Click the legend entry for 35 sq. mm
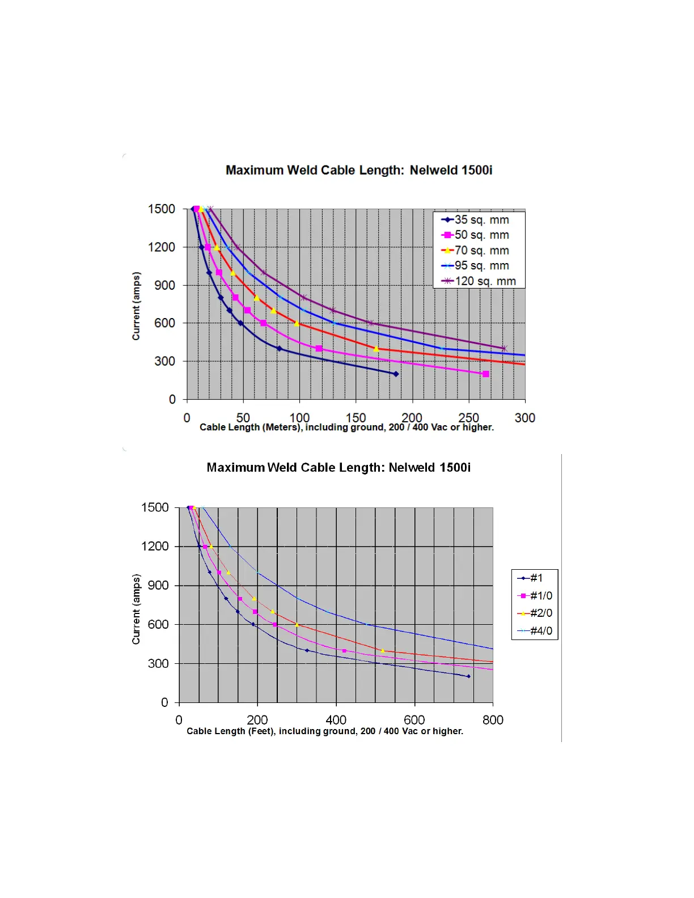click(x=481, y=220)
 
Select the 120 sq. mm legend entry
click(x=485, y=281)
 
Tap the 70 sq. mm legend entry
click(x=481, y=251)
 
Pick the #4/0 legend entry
click(x=540, y=631)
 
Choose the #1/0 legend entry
click(x=540, y=596)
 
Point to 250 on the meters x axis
click(x=468, y=418)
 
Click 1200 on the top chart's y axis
click(x=162, y=247)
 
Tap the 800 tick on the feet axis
click(x=493, y=720)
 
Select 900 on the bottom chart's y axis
click(x=158, y=586)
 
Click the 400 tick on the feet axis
click(x=336, y=720)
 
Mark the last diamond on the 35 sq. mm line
click(x=396, y=374)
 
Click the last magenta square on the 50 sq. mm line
click(x=485, y=374)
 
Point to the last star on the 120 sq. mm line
click(x=503, y=349)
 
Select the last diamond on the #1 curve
click(x=468, y=676)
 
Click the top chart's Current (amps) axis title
click(x=136, y=306)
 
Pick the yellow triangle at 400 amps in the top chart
click(x=376, y=349)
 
